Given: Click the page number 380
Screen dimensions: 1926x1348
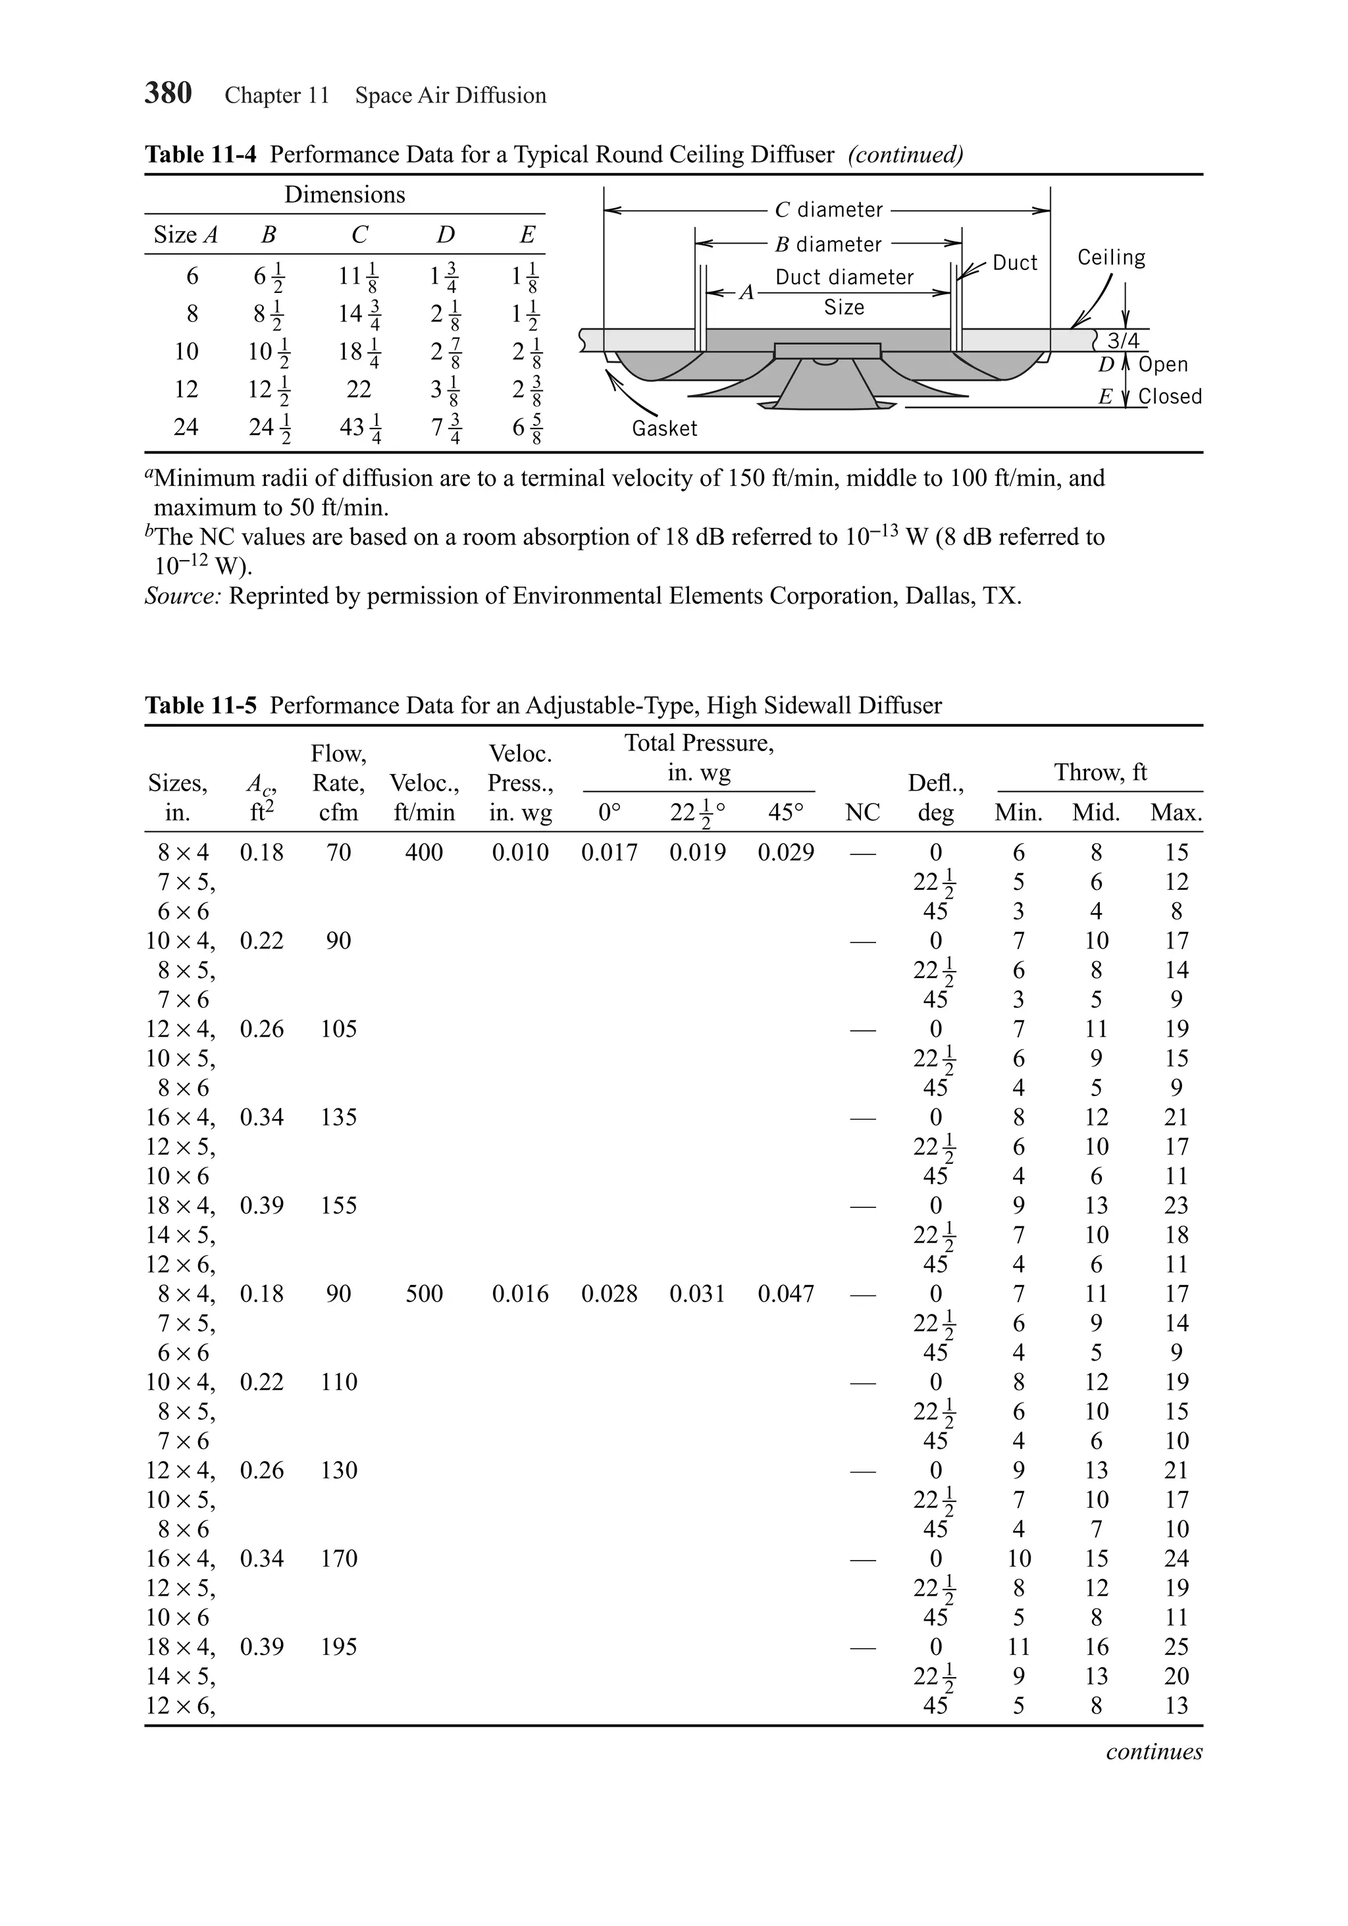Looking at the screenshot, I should [x=168, y=93].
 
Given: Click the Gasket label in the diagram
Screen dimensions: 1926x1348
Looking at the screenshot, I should [x=664, y=429].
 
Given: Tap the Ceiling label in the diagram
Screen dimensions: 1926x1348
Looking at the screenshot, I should [x=1110, y=257].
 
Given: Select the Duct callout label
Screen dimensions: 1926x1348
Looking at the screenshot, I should [x=1015, y=263].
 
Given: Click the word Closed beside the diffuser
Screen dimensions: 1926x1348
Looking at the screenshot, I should [x=1170, y=396].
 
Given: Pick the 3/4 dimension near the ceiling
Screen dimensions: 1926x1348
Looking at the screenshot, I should [x=1123, y=340].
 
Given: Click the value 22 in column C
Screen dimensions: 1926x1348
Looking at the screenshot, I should [x=359, y=389].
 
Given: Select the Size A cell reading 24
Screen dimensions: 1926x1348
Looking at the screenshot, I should [x=186, y=427].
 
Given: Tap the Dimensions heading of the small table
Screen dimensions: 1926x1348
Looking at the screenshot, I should [x=345, y=195].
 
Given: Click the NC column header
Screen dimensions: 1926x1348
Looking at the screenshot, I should [x=862, y=812].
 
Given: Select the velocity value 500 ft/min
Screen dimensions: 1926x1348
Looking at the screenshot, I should [x=424, y=1293].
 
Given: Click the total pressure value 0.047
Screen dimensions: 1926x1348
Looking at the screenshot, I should [x=785, y=1293].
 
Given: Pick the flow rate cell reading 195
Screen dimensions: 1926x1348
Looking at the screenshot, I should [x=339, y=1647].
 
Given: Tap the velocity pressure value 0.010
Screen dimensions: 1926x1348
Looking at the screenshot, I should [x=520, y=852].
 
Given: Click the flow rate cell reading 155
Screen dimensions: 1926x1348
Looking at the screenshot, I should [x=339, y=1205].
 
